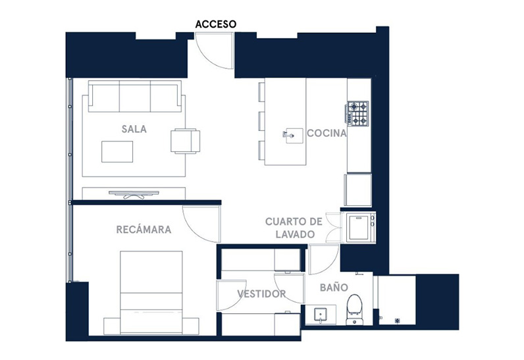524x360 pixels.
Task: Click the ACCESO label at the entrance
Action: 215,24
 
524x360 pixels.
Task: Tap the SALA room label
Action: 134,129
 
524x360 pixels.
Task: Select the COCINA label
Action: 327,133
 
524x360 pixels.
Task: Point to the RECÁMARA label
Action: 144,229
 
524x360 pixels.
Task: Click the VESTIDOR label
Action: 261,294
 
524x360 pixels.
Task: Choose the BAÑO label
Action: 334,287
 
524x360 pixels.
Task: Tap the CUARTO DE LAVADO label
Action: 294,228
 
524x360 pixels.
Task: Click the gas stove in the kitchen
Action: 357,113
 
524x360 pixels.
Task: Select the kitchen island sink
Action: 293,136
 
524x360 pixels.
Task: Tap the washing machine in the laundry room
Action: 361,227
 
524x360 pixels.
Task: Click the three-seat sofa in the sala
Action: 135,96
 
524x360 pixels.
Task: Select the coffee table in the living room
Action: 117,151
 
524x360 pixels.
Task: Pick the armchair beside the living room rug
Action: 186,141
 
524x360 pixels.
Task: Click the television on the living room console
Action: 134,194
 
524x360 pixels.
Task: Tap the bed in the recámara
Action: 151,292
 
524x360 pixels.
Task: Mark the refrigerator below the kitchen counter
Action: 358,190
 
